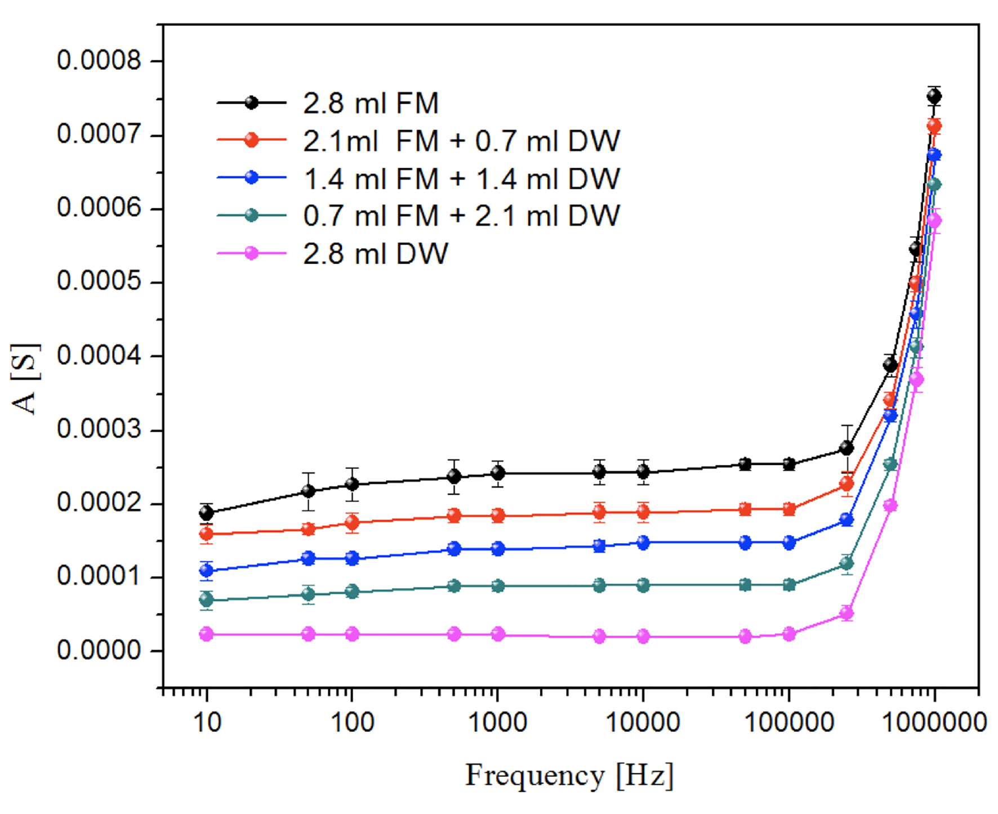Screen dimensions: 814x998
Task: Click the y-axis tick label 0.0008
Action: (x=99, y=60)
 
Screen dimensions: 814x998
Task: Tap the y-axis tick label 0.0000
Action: (x=99, y=651)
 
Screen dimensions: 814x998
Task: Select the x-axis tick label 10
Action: (x=207, y=722)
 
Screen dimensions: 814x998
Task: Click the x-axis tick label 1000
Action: (x=497, y=722)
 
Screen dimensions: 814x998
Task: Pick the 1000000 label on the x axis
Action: (x=934, y=722)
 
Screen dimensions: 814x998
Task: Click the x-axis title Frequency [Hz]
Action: (x=569, y=776)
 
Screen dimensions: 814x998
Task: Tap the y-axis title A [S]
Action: (x=25, y=378)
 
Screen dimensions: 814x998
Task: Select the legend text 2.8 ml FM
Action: (x=371, y=104)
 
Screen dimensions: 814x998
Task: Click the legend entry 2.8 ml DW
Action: (x=375, y=254)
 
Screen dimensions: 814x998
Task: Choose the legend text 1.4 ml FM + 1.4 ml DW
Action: (x=461, y=179)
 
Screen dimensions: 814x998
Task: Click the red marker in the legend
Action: (x=251, y=140)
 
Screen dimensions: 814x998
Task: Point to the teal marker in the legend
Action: (x=251, y=216)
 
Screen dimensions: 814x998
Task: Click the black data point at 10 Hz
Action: (x=207, y=513)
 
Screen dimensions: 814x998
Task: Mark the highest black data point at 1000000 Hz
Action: (x=934, y=96)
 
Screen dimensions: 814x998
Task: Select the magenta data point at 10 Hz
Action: (x=207, y=634)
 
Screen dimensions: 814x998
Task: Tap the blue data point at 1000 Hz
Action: (x=497, y=549)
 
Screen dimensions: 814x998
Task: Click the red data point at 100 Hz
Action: (x=352, y=523)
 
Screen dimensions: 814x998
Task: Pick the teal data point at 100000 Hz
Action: (x=789, y=585)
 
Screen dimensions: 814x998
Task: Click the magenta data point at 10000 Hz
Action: (x=643, y=637)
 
